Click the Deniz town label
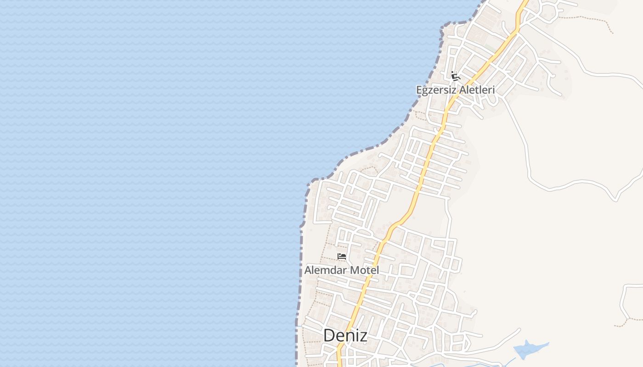[x=345, y=335]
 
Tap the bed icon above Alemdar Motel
[x=342, y=256]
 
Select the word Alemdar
[x=326, y=270]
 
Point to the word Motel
[x=365, y=270]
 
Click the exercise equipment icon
[x=455, y=76]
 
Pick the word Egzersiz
[x=436, y=90]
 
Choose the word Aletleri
[x=476, y=90]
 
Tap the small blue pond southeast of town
[x=528, y=350]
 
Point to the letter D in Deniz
[x=329, y=335]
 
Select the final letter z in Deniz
[x=363, y=336]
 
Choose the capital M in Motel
[x=354, y=270]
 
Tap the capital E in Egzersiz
[x=419, y=90]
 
